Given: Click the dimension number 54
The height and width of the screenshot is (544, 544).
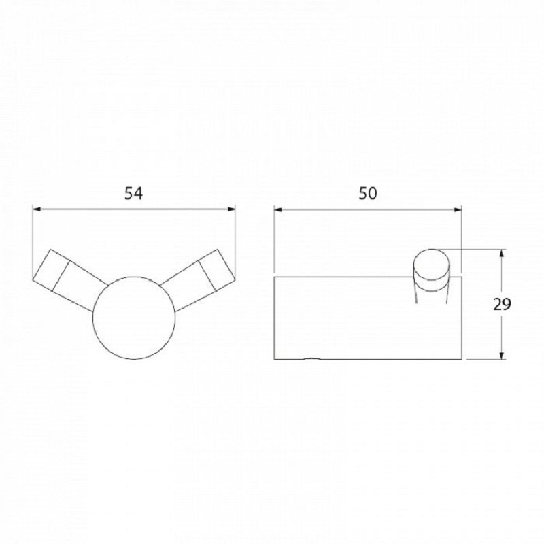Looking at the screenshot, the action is pos(133,193).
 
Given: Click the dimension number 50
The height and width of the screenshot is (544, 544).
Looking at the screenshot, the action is pos(368,193).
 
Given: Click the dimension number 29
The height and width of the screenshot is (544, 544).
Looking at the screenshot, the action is pos(502,304).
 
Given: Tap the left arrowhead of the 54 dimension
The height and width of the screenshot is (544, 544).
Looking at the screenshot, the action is pos(37,209).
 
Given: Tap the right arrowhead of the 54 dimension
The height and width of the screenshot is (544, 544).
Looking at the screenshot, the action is pos(231,209).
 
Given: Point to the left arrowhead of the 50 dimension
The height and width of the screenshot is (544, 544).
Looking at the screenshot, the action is pos(279,209).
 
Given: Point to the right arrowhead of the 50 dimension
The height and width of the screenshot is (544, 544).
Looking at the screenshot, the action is pos(457,209).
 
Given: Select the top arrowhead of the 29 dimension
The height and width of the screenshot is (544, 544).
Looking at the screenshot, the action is pos(502,254).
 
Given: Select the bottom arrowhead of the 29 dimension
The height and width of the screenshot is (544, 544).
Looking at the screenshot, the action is pos(502,354).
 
